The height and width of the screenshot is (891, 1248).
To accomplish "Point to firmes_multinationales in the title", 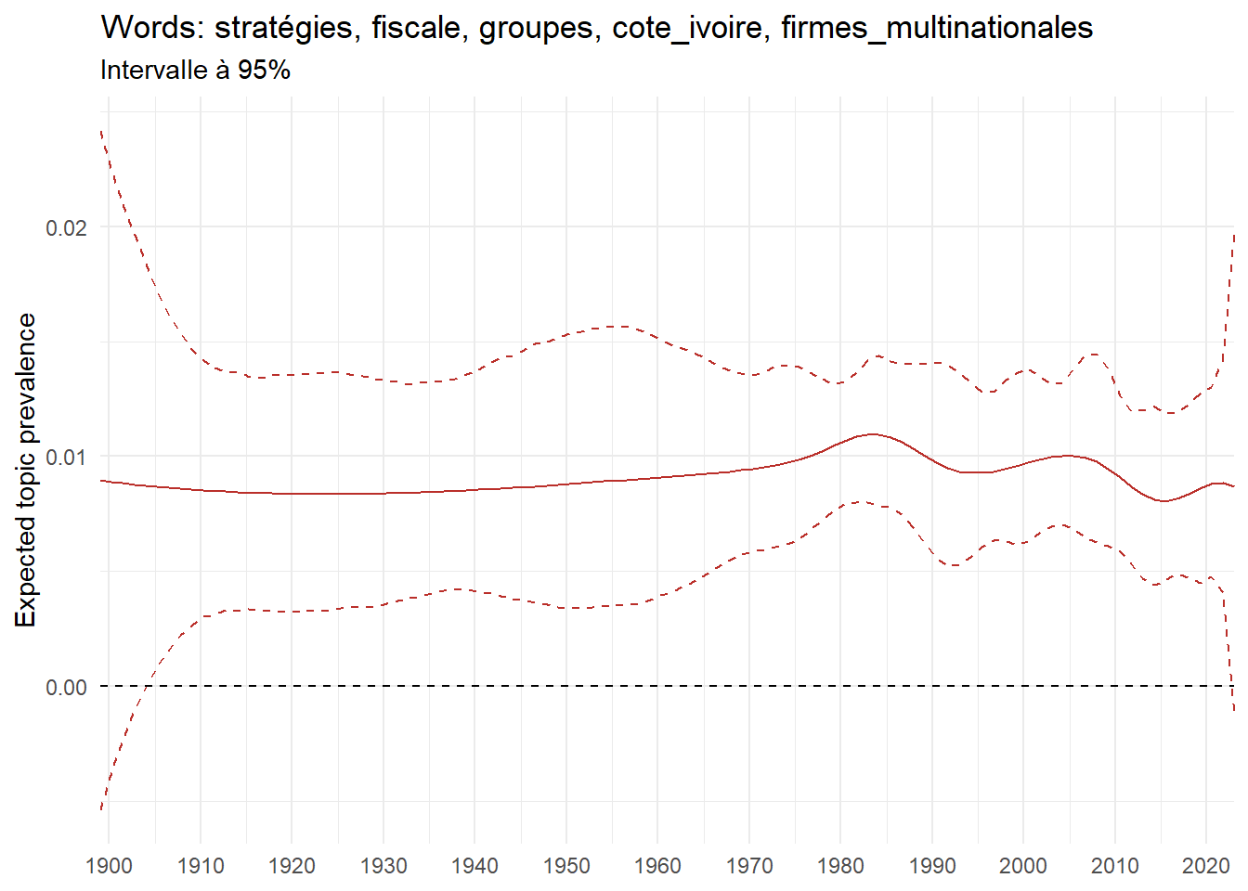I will (x=936, y=29).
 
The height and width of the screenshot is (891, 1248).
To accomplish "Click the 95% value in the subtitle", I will (x=264, y=71).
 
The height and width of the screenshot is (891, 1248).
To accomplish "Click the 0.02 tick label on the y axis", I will (x=66, y=227).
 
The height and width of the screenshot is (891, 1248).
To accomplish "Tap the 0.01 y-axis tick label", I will (x=66, y=457).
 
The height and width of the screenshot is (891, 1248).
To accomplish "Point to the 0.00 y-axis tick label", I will (x=66, y=687).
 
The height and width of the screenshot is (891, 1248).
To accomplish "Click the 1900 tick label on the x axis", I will (x=109, y=866).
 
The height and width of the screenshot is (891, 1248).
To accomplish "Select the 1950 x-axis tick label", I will (x=566, y=866).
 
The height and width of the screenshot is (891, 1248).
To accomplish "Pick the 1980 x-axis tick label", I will (x=841, y=866).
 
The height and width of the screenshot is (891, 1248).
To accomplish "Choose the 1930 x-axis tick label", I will (x=383, y=866).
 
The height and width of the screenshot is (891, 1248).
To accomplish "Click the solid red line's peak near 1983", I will (x=872, y=434).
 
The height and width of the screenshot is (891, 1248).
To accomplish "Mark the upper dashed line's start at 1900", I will (x=101, y=132).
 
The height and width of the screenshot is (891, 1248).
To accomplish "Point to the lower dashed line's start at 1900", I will (x=101, y=808).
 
